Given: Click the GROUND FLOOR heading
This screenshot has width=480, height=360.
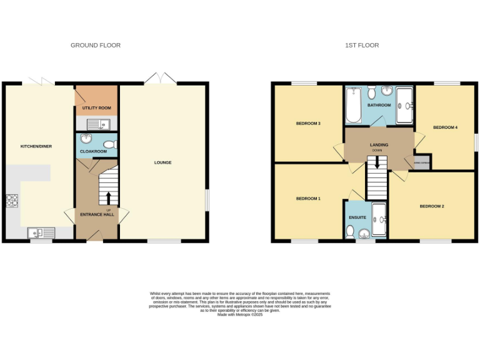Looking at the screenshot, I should click(96, 45).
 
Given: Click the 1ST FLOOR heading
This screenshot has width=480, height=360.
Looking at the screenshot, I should click(362, 45).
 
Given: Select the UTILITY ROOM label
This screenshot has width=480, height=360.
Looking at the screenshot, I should click(96, 108).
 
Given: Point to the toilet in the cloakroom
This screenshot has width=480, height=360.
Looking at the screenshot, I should click(110, 145).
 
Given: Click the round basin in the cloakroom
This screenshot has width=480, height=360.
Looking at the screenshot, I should click(86, 140).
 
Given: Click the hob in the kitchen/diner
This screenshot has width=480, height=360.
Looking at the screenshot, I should click(12, 200).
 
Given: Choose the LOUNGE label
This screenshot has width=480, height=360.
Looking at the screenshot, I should click(163, 162).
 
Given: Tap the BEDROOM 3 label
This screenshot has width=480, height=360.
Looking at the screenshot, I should click(308, 124).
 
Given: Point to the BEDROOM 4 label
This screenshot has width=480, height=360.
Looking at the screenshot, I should click(446, 127).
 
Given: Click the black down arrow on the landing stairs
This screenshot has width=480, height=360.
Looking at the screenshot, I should click(377, 162).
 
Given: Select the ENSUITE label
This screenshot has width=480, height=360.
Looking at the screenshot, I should click(357, 217).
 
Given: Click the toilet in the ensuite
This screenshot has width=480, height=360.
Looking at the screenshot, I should click(350, 233).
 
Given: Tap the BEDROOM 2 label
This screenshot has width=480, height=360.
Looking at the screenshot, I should click(431, 206).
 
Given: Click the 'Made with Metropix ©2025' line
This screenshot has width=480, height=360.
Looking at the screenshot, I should click(239, 314).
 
